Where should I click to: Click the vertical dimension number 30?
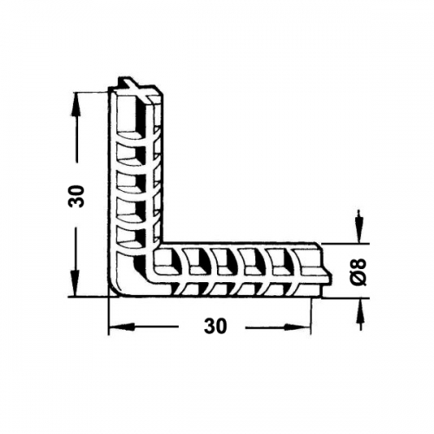[x=76, y=196]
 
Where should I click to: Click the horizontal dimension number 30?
[x=215, y=326]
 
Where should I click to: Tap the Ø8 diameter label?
[x=359, y=272]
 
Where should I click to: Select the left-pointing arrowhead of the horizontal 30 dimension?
[x=119, y=327]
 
